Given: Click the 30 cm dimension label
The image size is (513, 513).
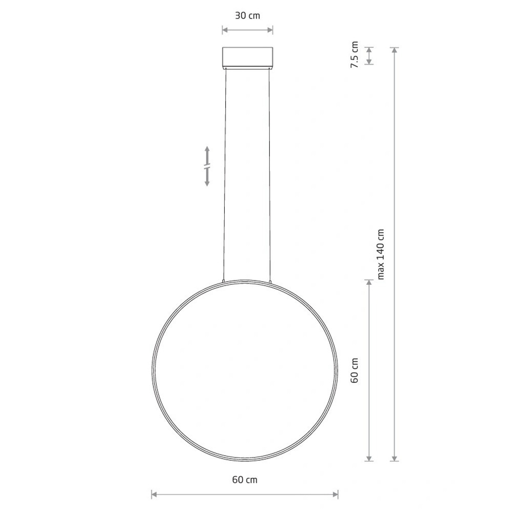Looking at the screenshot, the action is (247, 15).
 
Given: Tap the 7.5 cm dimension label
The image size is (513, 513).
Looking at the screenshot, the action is (354, 55).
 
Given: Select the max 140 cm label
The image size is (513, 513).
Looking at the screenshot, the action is (381, 254).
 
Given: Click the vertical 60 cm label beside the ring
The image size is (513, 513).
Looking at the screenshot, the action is (354, 370).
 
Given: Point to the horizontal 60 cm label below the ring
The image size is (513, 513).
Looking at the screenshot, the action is (245, 480).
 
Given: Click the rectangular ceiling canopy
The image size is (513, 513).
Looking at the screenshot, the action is (248, 57).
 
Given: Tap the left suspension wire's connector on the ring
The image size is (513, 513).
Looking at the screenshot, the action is (224, 281).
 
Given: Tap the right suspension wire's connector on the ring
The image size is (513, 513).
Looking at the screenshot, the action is (270, 281).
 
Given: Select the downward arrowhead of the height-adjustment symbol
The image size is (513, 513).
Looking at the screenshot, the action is (207, 183).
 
